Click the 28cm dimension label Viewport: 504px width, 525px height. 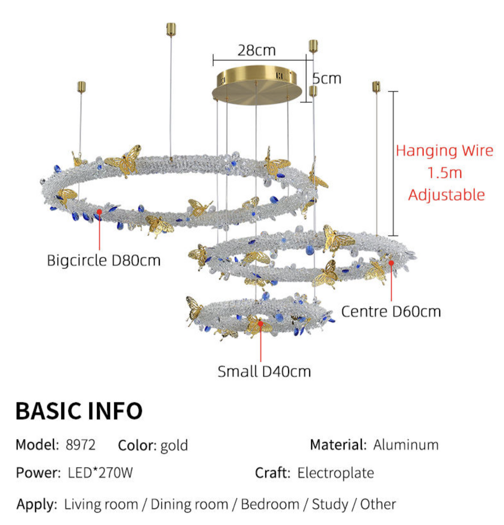tap(256, 50)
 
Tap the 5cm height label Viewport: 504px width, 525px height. tap(326, 79)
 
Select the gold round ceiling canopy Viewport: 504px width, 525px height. tap(257, 85)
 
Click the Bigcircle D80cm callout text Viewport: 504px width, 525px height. tap(104, 260)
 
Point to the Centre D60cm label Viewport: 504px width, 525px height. tap(391, 312)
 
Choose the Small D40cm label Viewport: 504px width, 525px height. tap(264, 372)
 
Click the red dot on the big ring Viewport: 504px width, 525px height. tap(99, 212)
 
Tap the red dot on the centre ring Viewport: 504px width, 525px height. tap(391, 262)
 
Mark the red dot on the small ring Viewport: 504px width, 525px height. tap(260, 323)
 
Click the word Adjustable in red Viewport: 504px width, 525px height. tap(446, 195)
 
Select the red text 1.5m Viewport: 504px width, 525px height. tap(445, 173)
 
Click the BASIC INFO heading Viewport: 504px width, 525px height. tap(79, 411)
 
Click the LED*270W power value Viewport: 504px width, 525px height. tap(100, 473)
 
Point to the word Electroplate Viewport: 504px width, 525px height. tap(336, 473)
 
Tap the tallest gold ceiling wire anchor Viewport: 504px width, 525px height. tap(171, 30)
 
